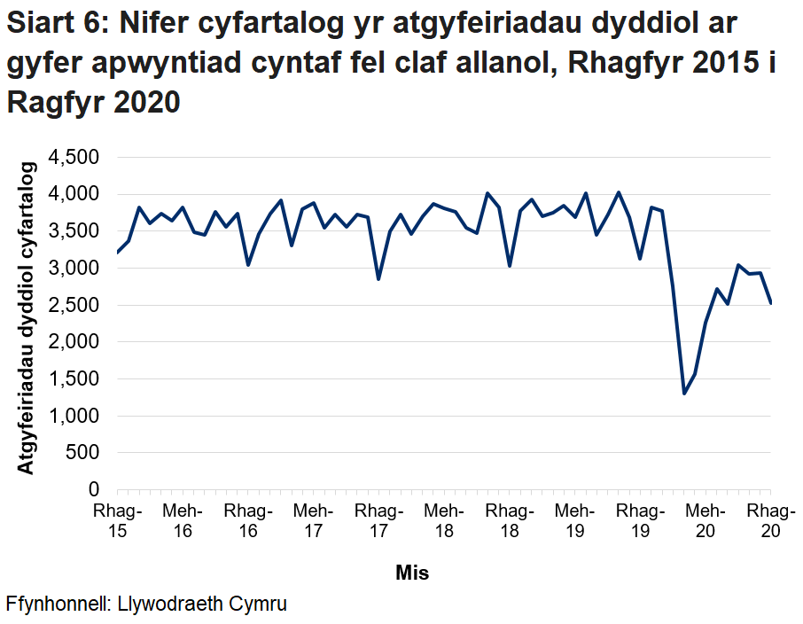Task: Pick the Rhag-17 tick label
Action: pyautogui.click(x=378, y=521)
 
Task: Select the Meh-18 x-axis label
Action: pyautogui.click(x=444, y=521)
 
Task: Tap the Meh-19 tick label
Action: pyautogui.click(x=574, y=521)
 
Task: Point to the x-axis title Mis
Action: pyautogui.click(x=412, y=573)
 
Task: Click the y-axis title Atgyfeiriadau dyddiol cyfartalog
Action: pyautogui.click(x=27, y=317)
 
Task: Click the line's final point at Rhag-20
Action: pyautogui.click(x=771, y=303)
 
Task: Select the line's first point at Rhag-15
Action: pyautogui.click(x=117, y=253)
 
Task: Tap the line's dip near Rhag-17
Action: pyautogui.click(x=378, y=279)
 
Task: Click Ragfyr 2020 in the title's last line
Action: pyautogui.click(x=94, y=102)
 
